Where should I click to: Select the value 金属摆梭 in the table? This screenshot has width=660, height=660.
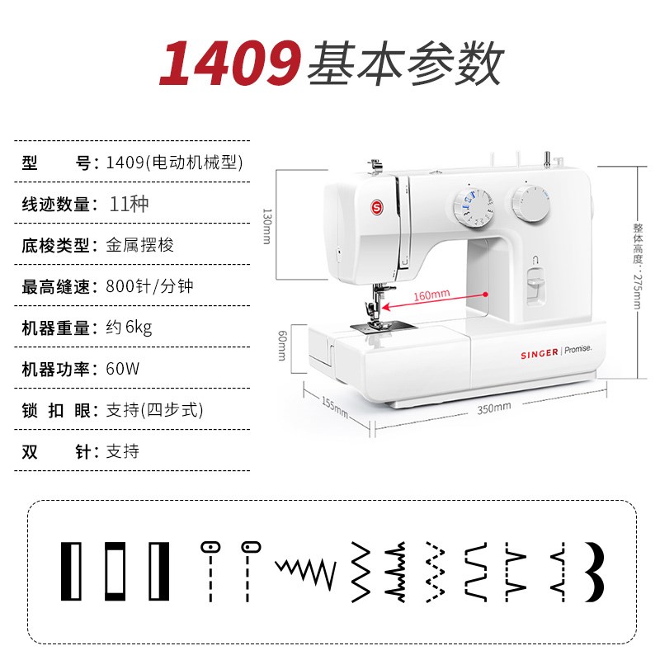coord(140,245)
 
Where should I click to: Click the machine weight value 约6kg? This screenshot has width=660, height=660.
coord(130,328)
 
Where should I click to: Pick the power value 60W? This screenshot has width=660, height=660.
coord(123,369)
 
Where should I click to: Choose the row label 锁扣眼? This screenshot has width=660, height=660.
coord(57,410)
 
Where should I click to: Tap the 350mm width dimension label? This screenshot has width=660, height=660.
coord(494,407)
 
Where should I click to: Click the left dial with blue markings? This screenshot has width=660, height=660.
coord(473,206)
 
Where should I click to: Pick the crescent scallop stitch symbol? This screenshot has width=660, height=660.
coord(594,571)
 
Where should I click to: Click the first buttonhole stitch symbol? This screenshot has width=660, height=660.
coord(73,571)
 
